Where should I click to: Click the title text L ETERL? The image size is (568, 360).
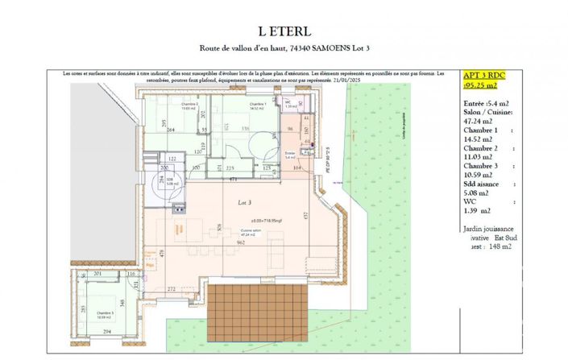click(x=284, y=32)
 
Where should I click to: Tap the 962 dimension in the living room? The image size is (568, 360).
click(x=241, y=241)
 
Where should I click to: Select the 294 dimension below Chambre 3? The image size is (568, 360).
click(x=106, y=331)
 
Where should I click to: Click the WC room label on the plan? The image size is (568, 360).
click(x=288, y=102)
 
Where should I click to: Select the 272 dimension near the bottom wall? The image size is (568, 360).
click(x=171, y=288)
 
